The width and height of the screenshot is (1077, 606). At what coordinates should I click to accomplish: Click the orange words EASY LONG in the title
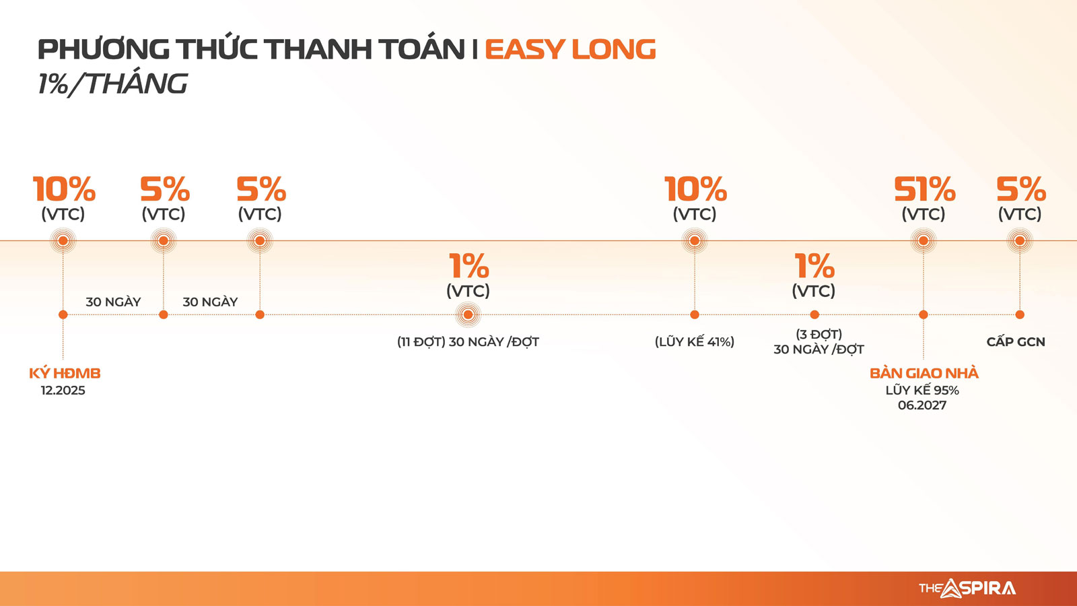tap(570, 49)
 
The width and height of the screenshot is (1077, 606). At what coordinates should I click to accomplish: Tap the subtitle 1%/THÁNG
tap(112, 84)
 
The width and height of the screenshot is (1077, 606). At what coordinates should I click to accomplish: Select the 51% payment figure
tap(925, 189)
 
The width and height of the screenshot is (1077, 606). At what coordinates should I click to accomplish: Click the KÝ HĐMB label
tap(65, 373)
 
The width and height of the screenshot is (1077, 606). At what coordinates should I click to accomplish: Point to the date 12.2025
tap(63, 390)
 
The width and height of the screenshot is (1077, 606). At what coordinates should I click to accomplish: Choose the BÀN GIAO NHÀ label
tap(924, 373)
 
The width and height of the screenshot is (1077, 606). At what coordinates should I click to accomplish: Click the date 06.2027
tap(922, 405)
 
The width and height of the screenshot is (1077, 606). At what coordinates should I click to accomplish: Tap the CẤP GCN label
tap(1016, 341)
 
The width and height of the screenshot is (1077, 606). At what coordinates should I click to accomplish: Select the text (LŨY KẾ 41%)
tap(694, 341)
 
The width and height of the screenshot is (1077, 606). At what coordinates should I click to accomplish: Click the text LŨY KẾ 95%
tap(922, 390)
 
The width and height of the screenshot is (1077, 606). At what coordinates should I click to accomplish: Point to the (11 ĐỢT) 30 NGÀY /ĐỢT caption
tap(468, 341)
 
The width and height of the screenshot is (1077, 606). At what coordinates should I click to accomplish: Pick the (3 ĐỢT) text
tap(819, 334)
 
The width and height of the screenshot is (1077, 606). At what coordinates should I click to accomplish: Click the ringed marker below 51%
tap(923, 240)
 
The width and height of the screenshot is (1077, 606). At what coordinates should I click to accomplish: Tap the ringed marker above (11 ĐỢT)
tap(468, 315)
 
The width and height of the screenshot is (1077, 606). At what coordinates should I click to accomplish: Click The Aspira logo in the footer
tap(967, 588)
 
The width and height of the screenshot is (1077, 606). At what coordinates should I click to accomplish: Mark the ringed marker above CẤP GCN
tap(1019, 240)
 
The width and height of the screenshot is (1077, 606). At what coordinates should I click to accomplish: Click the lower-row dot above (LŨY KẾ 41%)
tap(694, 314)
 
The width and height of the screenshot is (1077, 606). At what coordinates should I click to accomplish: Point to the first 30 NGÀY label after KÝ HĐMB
tap(114, 302)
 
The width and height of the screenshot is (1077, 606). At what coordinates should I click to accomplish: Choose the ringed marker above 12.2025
tap(63, 240)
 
